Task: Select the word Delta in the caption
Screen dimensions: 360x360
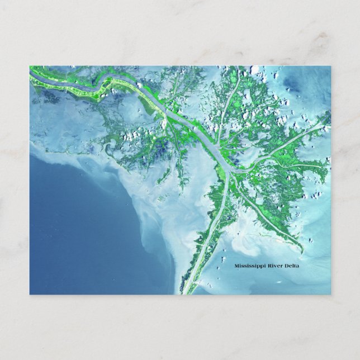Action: coord(292,266)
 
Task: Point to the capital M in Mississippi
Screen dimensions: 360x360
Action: coord(237,266)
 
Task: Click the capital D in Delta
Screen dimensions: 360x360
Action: coord(287,266)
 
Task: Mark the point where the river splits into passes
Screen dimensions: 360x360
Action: coord(229,167)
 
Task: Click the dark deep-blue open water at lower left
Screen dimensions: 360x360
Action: coord(73,235)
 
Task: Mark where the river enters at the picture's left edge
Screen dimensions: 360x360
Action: coord(31,73)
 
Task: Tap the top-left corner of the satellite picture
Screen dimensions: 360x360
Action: coord(30,67)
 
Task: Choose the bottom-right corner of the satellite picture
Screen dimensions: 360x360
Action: coord(330,293)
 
